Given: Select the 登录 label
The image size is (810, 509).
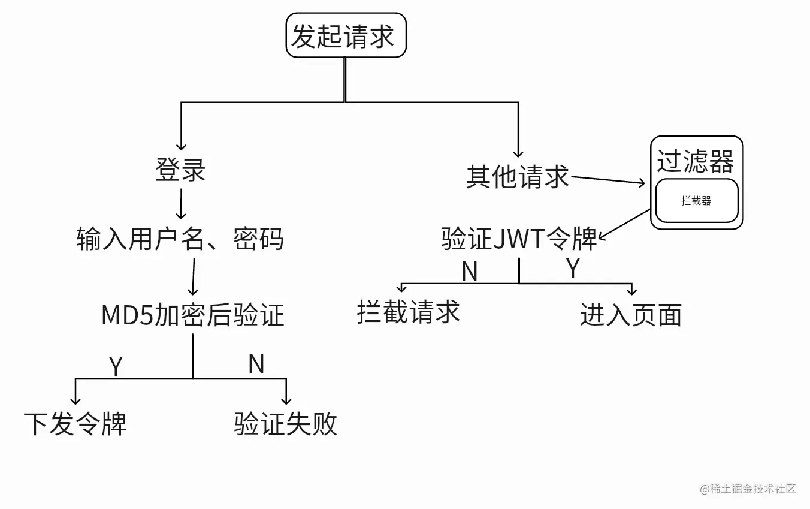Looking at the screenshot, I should pyautogui.click(x=180, y=170).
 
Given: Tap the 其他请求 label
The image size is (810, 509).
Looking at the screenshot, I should pyautogui.click(x=518, y=177).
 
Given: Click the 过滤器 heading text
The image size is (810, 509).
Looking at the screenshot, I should pyautogui.click(x=696, y=161).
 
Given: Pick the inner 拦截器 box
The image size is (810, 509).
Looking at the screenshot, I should pyautogui.click(x=696, y=201).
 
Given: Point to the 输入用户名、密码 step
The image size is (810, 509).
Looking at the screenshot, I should pyautogui.click(x=180, y=240).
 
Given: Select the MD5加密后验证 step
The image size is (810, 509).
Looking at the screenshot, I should pyautogui.click(x=192, y=315).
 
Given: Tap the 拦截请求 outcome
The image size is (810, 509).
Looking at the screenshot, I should pyautogui.click(x=408, y=312).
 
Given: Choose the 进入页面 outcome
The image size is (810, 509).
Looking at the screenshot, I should pyautogui.click(x=631, y=315).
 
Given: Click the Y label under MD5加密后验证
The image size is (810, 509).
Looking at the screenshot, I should pyautogui.click(x=116, y=366).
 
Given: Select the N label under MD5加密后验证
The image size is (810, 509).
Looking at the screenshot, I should pyautogui.click(x=256, y=364).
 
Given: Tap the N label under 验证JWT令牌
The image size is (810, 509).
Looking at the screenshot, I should pyautogui.click(x=470, y=272).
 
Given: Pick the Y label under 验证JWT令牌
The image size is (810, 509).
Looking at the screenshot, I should pyautogui.click(x=573, y=269).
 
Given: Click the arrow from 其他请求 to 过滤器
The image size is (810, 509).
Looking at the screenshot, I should pyautogui.click(x=607, y=180).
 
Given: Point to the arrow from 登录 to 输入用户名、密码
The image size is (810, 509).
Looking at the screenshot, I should pyautogui.click(x=180, y=204).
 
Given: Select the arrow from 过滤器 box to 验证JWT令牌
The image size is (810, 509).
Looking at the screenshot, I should pyautogui.click(x=624, y=224).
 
